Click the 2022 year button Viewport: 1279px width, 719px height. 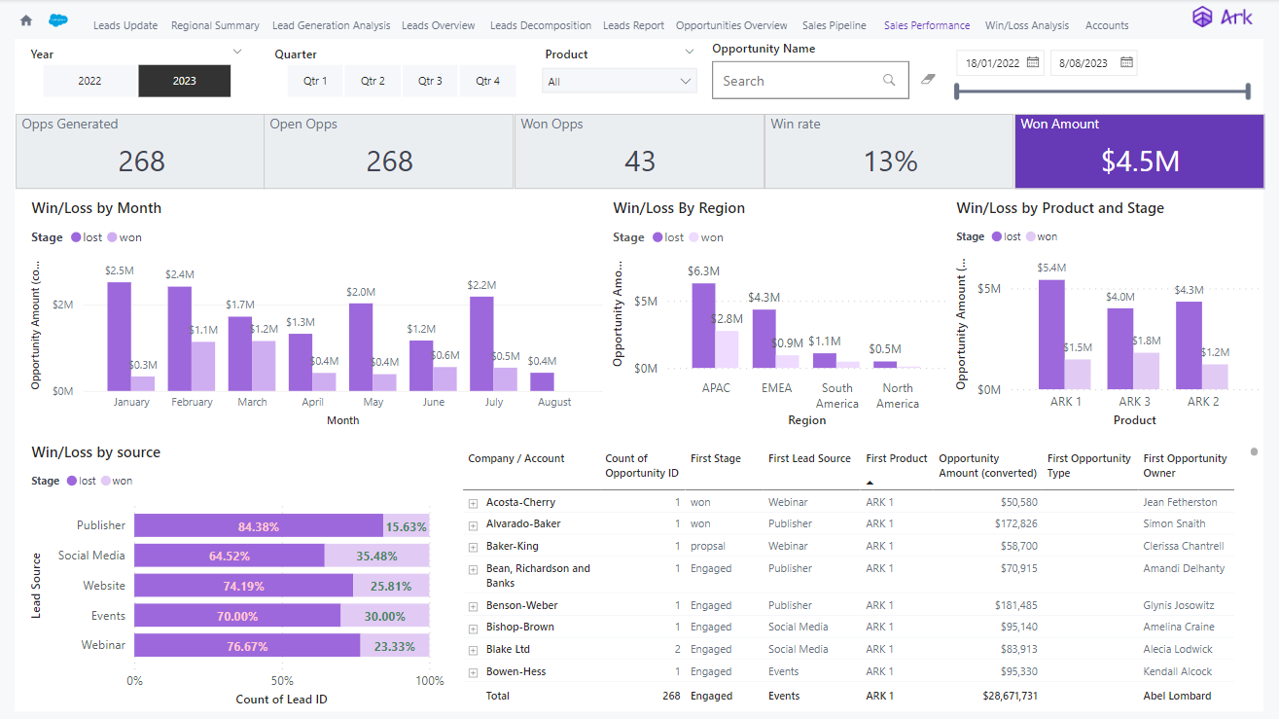pos(89,81)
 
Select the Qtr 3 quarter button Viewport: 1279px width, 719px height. pos(430,81)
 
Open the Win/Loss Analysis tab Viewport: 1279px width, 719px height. pos(1026,25)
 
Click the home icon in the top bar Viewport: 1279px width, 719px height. pos(26,20)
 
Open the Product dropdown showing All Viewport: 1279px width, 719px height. pos(619,82)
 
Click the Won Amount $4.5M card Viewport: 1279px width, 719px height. pos(1140,151)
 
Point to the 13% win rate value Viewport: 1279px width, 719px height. pos(890,162)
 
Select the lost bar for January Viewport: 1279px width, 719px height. pos(120,337)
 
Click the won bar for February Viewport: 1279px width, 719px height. pos(203,366)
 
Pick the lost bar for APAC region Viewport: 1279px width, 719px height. pos(703,325)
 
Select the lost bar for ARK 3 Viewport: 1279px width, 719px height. pos(1119,348)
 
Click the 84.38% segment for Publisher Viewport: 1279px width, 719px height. pos(258,525)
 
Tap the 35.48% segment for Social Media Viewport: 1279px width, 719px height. pos(376,556)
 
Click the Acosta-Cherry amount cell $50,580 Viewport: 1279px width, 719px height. pos(1015,502)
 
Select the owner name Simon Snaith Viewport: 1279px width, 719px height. pos(1174,523)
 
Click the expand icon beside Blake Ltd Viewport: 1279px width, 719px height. pos(474,650)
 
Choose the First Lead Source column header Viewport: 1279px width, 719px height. pos(809,458)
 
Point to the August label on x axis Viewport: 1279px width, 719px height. pos(553,402)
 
